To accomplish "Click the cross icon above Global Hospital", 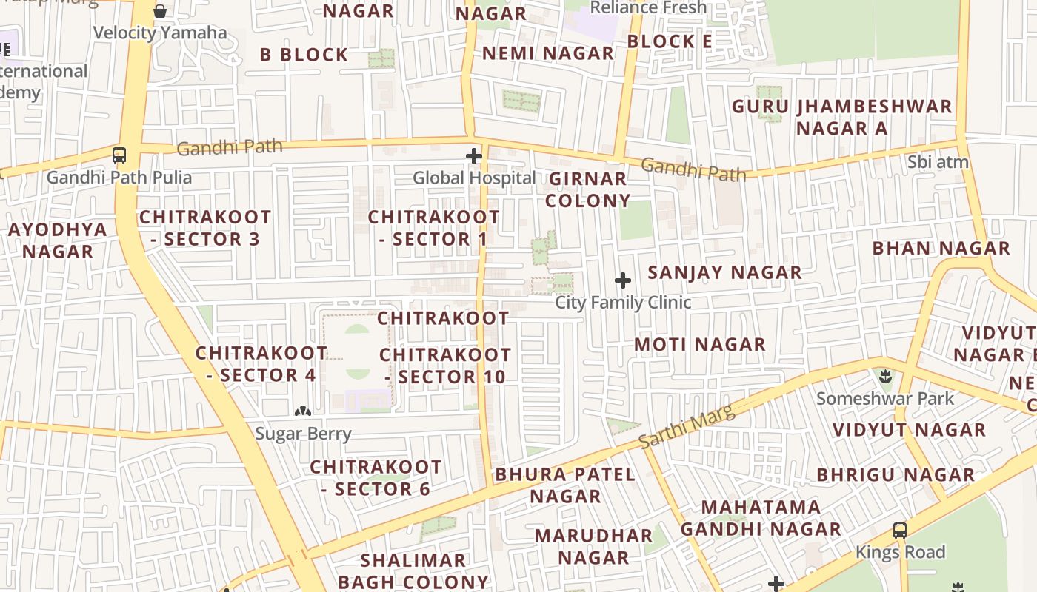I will tap(474, 156).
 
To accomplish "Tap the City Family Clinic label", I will tap(623, 302).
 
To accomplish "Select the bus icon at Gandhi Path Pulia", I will tap(119, 155).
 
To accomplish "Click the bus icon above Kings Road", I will tap(900, 531).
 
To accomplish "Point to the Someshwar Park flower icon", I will tap(885, 377).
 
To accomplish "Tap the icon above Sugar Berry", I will tap(303, 411).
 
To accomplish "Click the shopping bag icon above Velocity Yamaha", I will tap(160, 11).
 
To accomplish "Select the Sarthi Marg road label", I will tap(687, 427).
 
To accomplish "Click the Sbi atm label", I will tap(938, 162).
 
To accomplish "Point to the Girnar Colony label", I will tap(588, 189).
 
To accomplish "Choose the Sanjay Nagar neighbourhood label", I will tap(724, 272).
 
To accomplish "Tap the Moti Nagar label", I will tap(699, 344).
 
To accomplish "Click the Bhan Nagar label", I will tap(941, 248).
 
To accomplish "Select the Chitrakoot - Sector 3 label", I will tap(204, 228).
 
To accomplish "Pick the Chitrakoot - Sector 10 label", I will tap(444, 366).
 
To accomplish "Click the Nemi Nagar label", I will tap(547, 53).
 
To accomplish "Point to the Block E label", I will tap(669, 41).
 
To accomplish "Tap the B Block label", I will tap(304, 55).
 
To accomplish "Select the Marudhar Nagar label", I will tap(593, 546).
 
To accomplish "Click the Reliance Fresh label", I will tap(649, 8).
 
